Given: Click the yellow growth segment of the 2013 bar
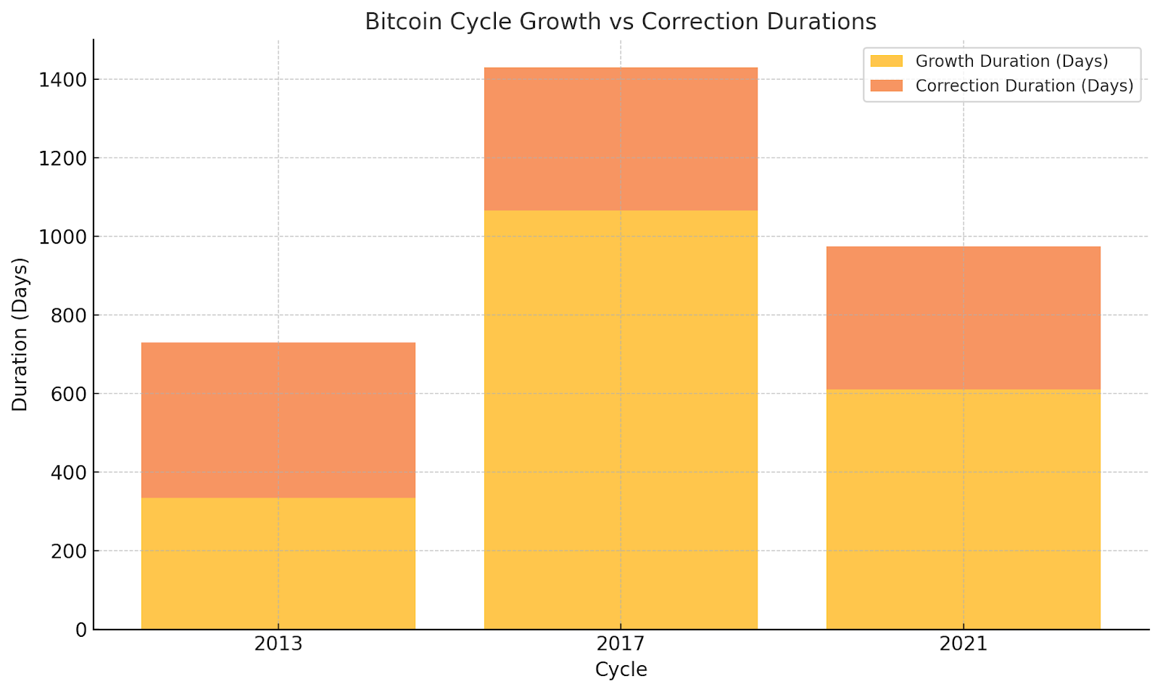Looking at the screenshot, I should point(278,563).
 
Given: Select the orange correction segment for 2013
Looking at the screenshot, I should point(278,419).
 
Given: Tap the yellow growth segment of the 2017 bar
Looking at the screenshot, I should point(621,419).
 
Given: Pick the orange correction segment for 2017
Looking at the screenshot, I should point(621,139).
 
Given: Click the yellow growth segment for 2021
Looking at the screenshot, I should point(963,509).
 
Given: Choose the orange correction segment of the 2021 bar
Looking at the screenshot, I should point(963,318).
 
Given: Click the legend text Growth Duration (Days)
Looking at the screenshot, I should point(1011,61).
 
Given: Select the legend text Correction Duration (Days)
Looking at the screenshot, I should point(1024,86).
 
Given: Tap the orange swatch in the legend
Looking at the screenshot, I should point(886,86).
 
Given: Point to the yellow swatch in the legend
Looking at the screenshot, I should point(886,61).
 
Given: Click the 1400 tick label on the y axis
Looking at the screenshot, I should point(62,79).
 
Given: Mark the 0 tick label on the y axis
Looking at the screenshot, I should point(80,630).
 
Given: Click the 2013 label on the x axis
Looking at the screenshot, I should point(278,644).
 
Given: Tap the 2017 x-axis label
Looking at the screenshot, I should point(621,644).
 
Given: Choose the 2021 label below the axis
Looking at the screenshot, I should point(963,644).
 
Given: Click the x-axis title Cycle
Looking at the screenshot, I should point(621,670).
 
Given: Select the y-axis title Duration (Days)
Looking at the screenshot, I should point(20,334).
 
